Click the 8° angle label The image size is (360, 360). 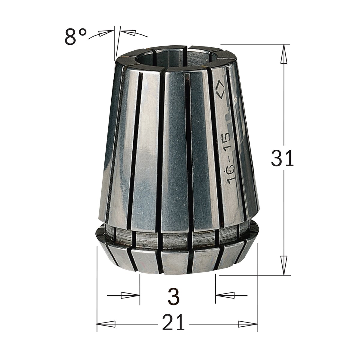tap(76, 37)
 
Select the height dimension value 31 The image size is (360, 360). tap(282, 158)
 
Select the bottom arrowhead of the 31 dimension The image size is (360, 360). tap(284, 265)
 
